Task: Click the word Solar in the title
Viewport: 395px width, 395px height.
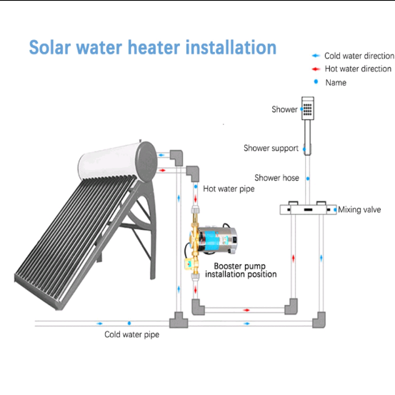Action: pos(50,47)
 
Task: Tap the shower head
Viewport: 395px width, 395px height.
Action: pos(308,108)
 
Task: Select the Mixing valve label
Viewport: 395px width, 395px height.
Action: pos(359,209)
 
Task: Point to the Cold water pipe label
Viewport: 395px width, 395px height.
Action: pos(131,334)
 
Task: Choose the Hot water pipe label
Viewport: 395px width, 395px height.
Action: pos(229,189)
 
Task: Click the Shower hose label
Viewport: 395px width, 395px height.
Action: pos(276,178)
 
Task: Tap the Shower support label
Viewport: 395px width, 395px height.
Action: pos(271,148)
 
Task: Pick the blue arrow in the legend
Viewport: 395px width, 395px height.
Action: pos(316,56)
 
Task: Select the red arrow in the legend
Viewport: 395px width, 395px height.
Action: pos(316,69)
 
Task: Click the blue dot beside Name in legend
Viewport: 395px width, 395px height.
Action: pos(316,81)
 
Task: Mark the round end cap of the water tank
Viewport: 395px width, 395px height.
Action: pos(146,161)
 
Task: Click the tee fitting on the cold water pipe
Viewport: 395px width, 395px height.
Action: pos(179,320)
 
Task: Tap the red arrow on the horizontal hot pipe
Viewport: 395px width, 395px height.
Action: pos(246,310)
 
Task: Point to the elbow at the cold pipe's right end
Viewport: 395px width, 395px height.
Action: pos(319,320)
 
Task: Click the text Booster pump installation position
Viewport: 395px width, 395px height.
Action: pos(241,270)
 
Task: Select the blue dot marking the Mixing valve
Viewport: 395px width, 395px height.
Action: pos(335,209)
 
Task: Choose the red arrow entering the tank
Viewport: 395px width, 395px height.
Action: pos(162,170)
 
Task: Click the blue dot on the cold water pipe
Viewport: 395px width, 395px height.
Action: pos(129,323)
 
